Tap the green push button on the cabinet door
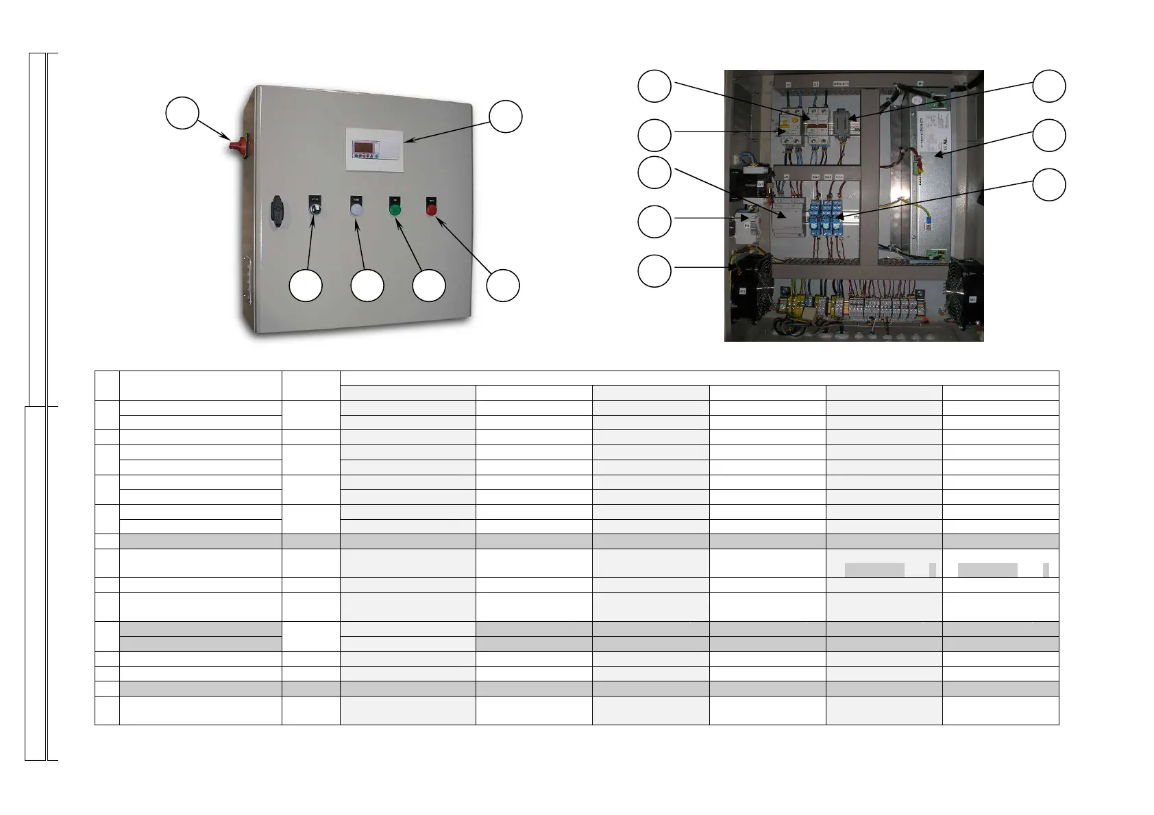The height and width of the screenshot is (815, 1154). tap(395, 209)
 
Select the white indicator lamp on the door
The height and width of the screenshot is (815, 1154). tap(356, 210)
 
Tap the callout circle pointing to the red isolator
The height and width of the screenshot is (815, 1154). tap(182, 113)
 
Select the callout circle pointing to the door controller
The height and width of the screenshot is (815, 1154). tap(506, 116)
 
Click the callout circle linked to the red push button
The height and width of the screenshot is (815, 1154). tap(503, 286)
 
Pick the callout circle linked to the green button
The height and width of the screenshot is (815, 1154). tap(429, 286)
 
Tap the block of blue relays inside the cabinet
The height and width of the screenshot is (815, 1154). tap(826, 218)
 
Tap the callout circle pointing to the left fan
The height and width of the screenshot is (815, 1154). tap(654, 271)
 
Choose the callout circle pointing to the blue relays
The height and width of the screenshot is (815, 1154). tap(1049, 185)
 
